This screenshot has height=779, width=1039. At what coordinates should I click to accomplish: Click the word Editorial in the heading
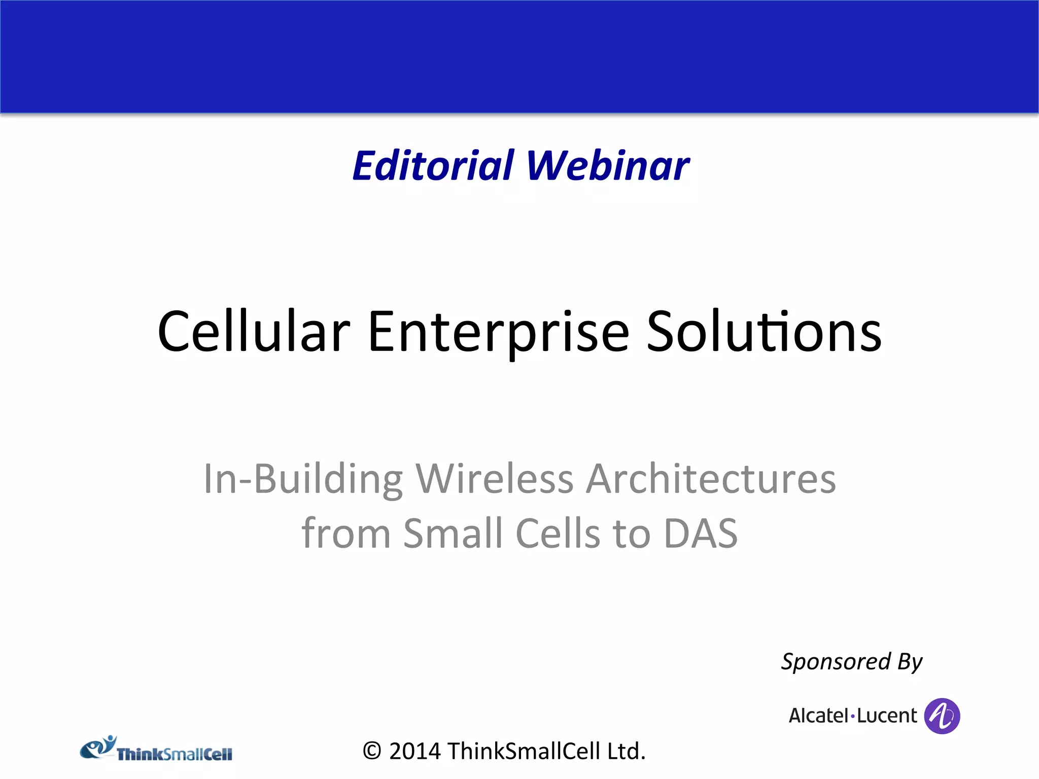[x=433, y=166]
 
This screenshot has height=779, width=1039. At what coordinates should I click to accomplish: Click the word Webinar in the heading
[x=608, y=166]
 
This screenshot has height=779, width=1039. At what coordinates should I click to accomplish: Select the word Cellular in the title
[x=254, y=332]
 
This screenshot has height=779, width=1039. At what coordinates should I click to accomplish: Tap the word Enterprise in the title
[x=498, y=332]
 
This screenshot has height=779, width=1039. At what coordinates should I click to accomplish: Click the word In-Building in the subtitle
[x=303, y=479]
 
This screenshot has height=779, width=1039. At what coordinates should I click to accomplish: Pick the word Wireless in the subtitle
[x=494, y=479]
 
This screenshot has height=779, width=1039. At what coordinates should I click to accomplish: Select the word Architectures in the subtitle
[x=711, y=479]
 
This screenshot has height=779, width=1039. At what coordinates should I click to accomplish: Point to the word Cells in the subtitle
[x=558, y=534]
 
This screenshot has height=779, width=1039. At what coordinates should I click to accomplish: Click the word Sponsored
[x=836, y=662]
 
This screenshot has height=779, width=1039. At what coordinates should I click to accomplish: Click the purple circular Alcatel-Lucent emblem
[x=942, y=716]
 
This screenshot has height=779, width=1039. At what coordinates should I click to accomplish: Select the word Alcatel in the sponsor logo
[x=818, y=716]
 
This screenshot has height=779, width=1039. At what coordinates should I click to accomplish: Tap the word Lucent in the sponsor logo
[x=887, y=716]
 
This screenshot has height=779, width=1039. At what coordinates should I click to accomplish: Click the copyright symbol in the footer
[x=372, y=751]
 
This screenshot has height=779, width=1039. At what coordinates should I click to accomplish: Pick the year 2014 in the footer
[x=415, y=751]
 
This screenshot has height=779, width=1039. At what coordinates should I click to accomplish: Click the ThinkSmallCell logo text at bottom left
[x=175, y=755]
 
